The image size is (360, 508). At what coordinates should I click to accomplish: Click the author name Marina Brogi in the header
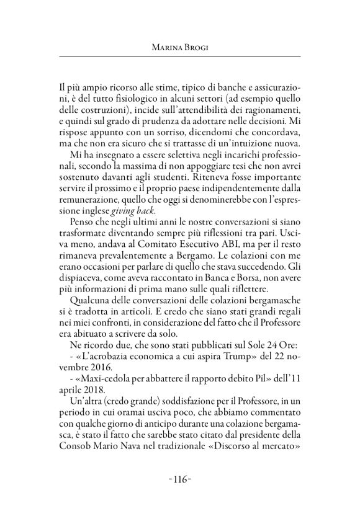[x=179, y=46]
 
